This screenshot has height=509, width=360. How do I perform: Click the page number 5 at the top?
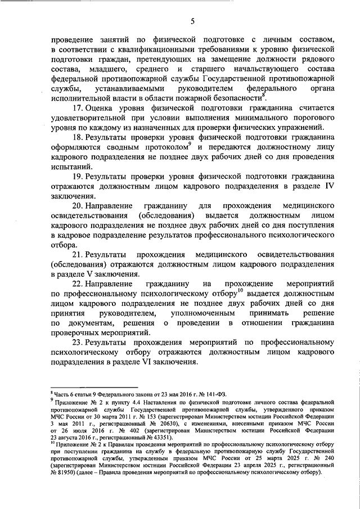[192, 21]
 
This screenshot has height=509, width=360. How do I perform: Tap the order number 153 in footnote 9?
[156, 420]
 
